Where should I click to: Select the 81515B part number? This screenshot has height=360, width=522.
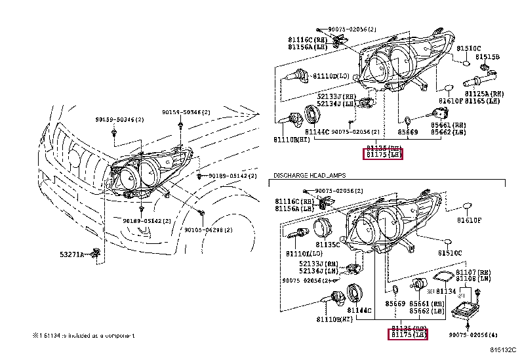(x=487, y=57)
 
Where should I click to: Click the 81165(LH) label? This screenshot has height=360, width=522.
(x=485, y=101)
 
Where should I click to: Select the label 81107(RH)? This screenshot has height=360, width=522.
(x=475, y=271)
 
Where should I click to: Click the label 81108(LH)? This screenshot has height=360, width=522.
(x=475, y=278)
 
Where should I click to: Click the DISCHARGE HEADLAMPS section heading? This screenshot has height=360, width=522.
(x=309, y=176)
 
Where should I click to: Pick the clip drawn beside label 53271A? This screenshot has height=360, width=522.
(x=96, y=252)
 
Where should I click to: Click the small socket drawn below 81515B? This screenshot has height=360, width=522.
(x=485, y=68)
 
